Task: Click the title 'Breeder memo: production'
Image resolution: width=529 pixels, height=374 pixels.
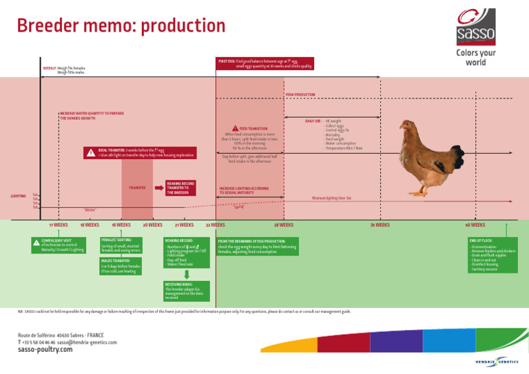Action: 121,26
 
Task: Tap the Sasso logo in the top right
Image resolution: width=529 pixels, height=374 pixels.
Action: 475,25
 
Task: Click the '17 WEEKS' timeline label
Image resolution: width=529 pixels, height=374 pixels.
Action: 59,225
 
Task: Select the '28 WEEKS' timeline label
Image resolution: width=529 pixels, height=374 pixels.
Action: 284,225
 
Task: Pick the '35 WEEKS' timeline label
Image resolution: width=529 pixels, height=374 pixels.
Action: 380,225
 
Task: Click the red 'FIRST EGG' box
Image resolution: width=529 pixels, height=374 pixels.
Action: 264,64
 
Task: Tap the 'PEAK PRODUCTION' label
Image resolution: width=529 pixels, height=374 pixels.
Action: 300,94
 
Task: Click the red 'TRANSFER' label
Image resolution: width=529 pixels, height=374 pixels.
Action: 137,187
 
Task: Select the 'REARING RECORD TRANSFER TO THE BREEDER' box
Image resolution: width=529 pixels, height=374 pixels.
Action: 180,188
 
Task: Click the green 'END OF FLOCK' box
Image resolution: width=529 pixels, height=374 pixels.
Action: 492,255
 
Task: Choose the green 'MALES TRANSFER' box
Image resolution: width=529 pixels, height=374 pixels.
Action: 121,266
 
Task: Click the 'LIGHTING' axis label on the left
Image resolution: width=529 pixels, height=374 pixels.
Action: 18,196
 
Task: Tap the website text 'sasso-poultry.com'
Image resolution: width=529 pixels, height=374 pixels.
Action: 45,349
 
